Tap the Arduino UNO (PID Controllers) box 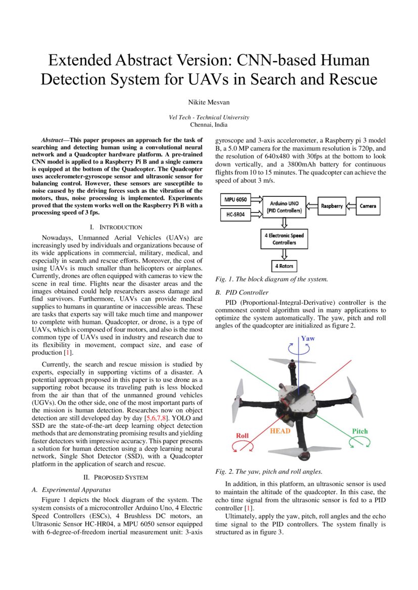tap(284, 207)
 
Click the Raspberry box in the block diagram tap(332, 206)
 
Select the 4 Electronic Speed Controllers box tap(284, 239)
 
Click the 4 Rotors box tap(284, 265)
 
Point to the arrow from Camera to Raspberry tap(352, 206)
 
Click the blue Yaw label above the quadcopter tap(308, 338)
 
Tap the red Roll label tap(242, 435)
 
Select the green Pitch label tap(359, 431)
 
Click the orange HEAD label tap(280, 431)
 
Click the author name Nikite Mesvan tap(209, 102)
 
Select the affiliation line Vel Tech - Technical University tap(209, 118)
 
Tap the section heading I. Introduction tap(116, 227)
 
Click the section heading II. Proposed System tap(116, 477)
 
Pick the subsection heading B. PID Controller tap(242, 292)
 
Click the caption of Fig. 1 tap(271, 279)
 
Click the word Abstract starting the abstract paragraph tap(55, 140)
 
